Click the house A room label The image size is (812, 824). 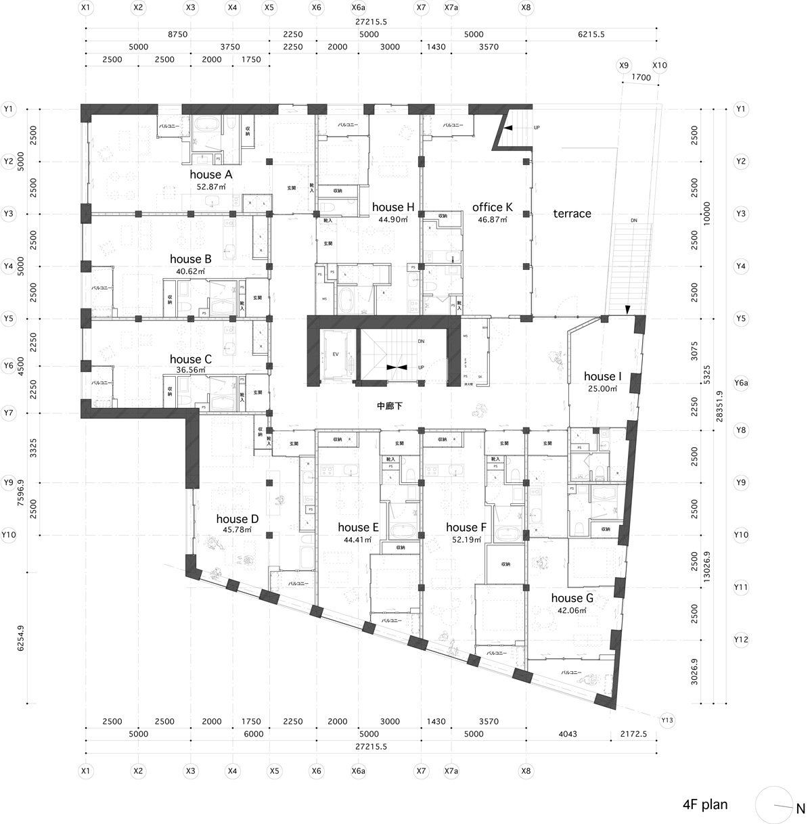(x=210, y=175)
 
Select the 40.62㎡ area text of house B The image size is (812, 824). (x=190, y=271)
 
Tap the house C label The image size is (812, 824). (x=190, y=359)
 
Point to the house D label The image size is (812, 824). (x=237, y=519)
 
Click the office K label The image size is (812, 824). (x=492, y=208)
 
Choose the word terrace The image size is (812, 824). (x=572, y=214)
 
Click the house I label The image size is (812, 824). (x=602, y=377)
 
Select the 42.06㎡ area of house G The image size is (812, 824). (x=572, y=610)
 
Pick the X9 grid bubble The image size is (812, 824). (x=623, y=66)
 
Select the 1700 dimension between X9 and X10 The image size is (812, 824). (x=640, y=78)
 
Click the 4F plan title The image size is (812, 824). (x=705, y=804)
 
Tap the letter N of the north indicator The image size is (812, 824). (x=800, y=808)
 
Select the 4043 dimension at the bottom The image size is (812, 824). (x=568, y=734)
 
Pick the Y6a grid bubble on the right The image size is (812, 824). (x=741, y=383)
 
